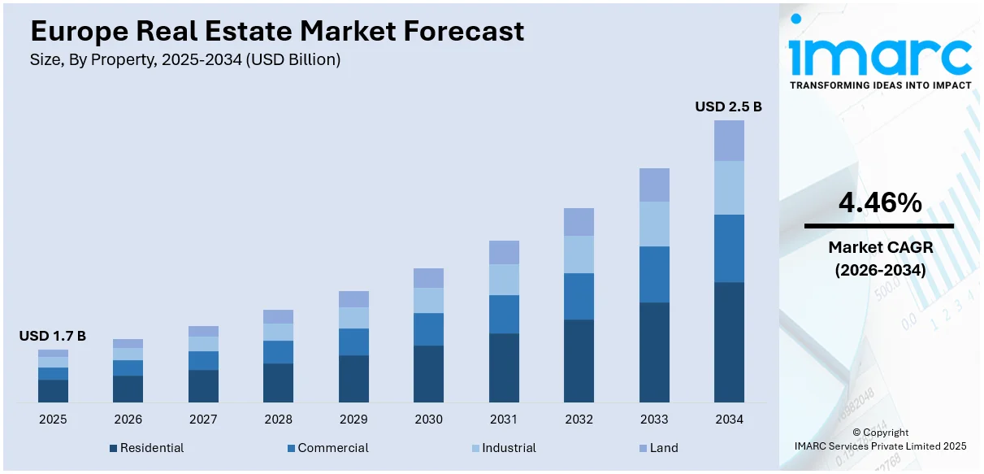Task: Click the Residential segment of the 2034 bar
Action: point(729,341)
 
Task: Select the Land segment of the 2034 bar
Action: point(729,141)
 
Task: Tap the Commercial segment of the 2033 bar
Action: point(654,274)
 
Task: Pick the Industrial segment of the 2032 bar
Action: point(579,254)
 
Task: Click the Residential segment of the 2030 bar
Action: point(428,373)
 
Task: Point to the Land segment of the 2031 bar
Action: point(504,252)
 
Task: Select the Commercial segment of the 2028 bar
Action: point(278,351)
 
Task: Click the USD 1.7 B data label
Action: point(53,336)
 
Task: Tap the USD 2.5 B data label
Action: point(728,107)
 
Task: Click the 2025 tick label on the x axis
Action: point(53,420)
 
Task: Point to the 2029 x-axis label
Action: point(353,420)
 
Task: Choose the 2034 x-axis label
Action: point(729,420)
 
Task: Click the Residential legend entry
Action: point(151,448)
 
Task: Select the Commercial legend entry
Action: point(332,448)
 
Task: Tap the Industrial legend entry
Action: point(508,448)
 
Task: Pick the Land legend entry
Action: point(663,448)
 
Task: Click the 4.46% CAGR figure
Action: point(880,203)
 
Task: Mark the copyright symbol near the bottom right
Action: point(856,433)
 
